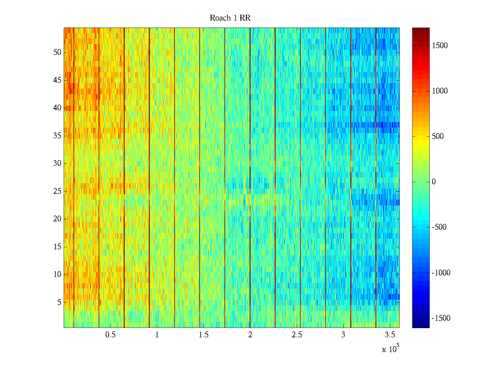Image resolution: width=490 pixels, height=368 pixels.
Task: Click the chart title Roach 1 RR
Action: click(230, 18)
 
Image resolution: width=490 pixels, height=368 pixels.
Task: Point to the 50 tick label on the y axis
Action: click(57, 52)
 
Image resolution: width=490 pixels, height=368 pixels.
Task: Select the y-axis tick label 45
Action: click(57, 80)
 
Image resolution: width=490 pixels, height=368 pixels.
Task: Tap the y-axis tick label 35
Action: click(57, 136)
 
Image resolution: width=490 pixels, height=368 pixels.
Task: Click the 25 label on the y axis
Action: click(57, 191)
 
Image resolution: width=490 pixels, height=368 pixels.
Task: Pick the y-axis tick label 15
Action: click(57, 247)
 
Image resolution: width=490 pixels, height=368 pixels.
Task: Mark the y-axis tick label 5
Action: click(59, 302)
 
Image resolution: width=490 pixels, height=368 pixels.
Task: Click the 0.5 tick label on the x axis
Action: click(110, 335)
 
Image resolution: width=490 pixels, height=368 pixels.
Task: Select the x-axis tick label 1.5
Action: click(203, 335)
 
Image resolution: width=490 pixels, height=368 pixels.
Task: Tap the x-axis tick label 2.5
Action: click(297, 335)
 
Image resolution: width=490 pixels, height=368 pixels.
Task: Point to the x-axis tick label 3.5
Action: click(390, 335)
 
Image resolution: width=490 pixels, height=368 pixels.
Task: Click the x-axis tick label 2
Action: click(250, 335)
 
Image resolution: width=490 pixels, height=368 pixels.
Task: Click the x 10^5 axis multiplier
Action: click(390, 349)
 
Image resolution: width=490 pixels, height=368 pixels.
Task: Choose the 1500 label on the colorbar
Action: click(439, 46)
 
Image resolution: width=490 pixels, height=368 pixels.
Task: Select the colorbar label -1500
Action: click(441, 318)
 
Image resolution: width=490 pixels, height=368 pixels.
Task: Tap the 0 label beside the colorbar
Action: click(434, 182)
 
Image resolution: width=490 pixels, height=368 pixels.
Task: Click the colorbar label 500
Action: click(438, 136)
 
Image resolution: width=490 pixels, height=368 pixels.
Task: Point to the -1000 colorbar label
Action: click(441, 273)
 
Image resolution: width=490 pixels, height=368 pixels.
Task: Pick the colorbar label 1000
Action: click(439, 91)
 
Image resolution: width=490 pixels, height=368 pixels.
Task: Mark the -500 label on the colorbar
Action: click(439, 227)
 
